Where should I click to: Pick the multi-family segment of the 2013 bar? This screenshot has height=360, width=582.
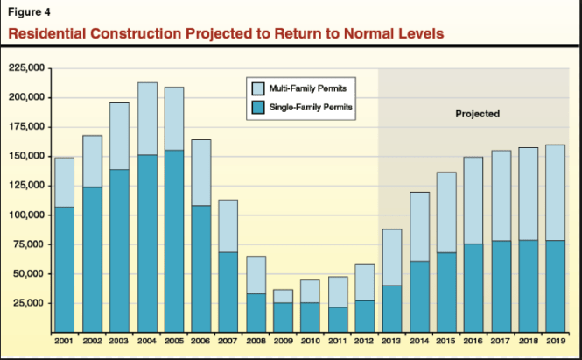point(392,257)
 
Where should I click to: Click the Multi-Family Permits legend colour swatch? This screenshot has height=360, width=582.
point(259,89)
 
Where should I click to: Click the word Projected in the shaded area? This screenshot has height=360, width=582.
point(477,114)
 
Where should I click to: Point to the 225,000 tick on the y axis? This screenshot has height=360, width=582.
point(27,67)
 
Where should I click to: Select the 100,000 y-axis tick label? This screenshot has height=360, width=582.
point(27,215)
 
